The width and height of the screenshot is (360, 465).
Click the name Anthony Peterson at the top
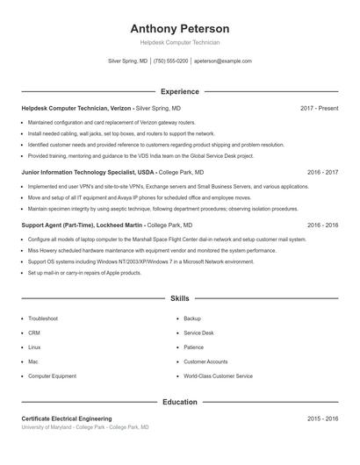click(180, 28)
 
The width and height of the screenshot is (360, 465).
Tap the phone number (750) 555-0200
click(170, 61)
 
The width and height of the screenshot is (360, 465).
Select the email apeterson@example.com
click(222, 61)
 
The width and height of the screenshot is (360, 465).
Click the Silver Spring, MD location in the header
click(127, 61)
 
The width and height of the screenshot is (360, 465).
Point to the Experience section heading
click(180, 91)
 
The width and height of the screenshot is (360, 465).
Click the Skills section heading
click(180, 299)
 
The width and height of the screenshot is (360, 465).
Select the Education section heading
click(180, 402)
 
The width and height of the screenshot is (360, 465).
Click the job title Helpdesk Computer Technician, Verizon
click(77, 108)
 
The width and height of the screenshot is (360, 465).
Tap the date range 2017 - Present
click(319, 108)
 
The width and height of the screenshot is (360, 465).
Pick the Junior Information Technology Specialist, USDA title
click(88, 173)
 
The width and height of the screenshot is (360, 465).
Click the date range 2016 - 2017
click(322, 173)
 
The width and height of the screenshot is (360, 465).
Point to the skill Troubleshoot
click(43, 318)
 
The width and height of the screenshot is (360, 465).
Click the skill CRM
click(34, 333)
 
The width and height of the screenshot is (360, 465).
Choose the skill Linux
click(34, 347)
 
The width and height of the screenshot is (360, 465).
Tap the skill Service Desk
click(198, 333)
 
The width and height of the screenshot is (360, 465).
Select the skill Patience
click(193, 347)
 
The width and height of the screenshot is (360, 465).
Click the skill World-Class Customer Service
click(218, 376)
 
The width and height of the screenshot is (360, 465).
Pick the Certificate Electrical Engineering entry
click(67, 419)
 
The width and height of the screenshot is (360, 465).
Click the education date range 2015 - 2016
click(322, 419)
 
